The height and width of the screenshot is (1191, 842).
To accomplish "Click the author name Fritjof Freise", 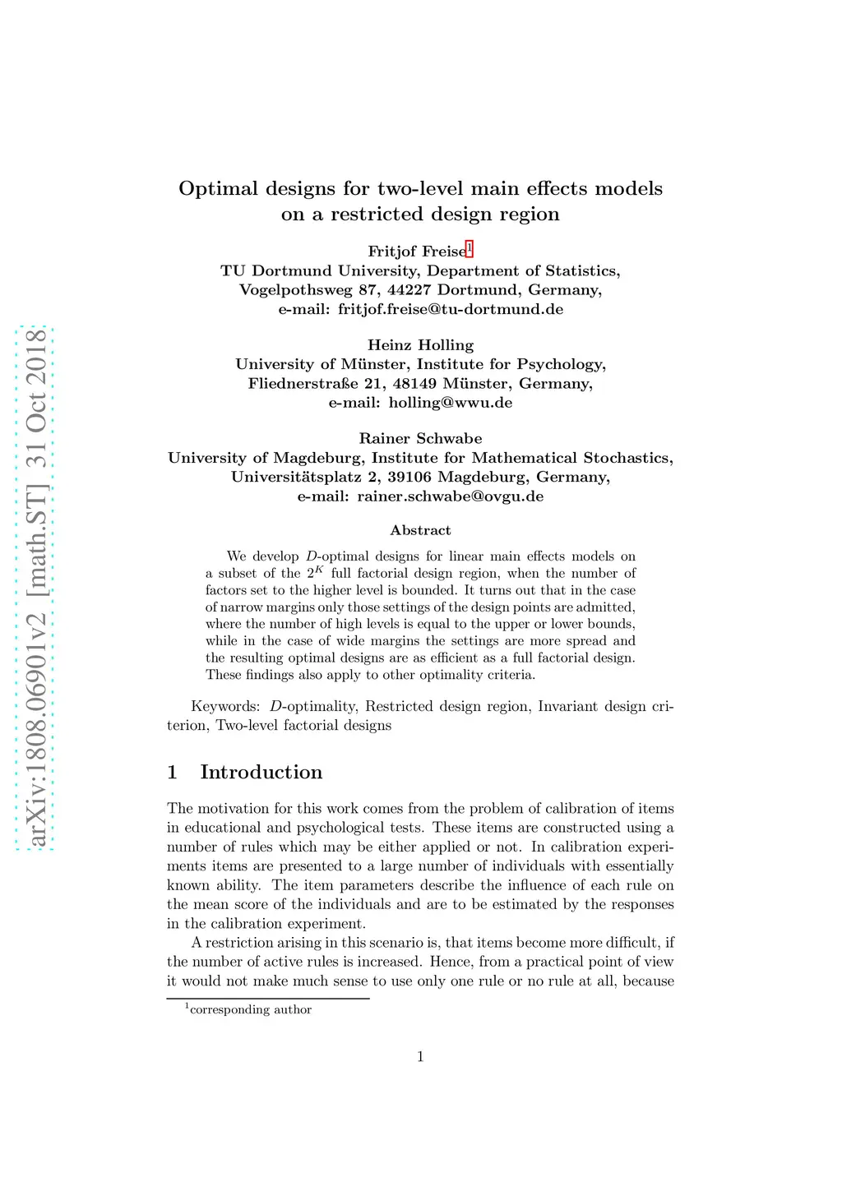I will [416, 252].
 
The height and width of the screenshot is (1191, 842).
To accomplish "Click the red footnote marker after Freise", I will [470, 249].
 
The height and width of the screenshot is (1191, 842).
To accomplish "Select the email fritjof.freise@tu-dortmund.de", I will [451, 309].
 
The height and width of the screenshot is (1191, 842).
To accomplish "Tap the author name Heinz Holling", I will [420, 345].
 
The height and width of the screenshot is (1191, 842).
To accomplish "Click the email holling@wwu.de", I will [451, 403].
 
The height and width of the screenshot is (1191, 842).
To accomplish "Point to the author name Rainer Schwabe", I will [420, 439].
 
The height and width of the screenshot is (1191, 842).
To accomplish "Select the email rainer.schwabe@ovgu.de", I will [450, 496].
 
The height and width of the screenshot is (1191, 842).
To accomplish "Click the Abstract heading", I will [420, 530].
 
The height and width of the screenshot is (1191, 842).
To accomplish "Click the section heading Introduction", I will [261, 773].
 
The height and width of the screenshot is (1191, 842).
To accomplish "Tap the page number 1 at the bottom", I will [420, 1057].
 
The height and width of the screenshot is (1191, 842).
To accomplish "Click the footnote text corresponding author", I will [250, 1010].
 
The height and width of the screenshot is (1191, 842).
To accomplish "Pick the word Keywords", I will [224, 707].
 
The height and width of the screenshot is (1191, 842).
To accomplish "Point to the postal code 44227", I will [409, 290].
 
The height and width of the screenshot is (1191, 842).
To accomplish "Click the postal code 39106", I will [414, 478].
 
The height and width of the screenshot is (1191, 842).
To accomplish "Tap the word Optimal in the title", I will [218, 189].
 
